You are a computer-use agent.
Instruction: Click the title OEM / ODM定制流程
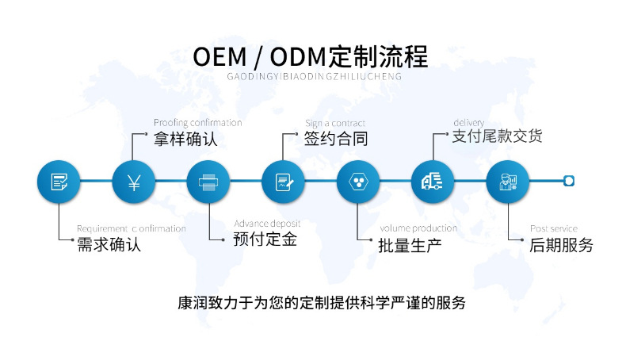(x=311, y=56)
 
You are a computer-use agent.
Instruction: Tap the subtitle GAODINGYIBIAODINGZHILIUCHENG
(x=315, y=78)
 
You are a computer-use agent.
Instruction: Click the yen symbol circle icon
(x=133, y=182)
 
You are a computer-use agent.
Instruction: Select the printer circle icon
(x=208, y=182)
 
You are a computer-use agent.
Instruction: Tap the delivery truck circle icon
(x=432, y=182)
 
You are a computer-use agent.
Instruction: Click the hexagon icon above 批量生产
(x=357, y=182)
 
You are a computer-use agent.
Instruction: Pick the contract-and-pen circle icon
(x=283, y=182)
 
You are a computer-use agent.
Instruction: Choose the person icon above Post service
(x=506, y=182)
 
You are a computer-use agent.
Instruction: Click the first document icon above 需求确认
(x=59, y=182)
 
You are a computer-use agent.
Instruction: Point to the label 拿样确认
(x=185, y=140)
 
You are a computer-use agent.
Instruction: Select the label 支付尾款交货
(x=497, y=136)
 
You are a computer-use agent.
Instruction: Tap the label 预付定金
(x=265, y=239)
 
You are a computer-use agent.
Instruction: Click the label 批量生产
(x=410, y=245)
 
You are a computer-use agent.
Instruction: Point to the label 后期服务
(x=561, y=245)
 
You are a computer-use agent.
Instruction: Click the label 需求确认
(x=109, y=245)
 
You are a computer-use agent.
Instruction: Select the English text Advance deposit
(x=267, y=224)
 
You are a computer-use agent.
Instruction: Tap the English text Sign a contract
(x=335, y=123)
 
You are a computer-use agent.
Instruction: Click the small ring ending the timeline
(x=568, y=182)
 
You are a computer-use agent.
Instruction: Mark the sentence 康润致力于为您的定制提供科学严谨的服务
(x=322, y=303)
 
